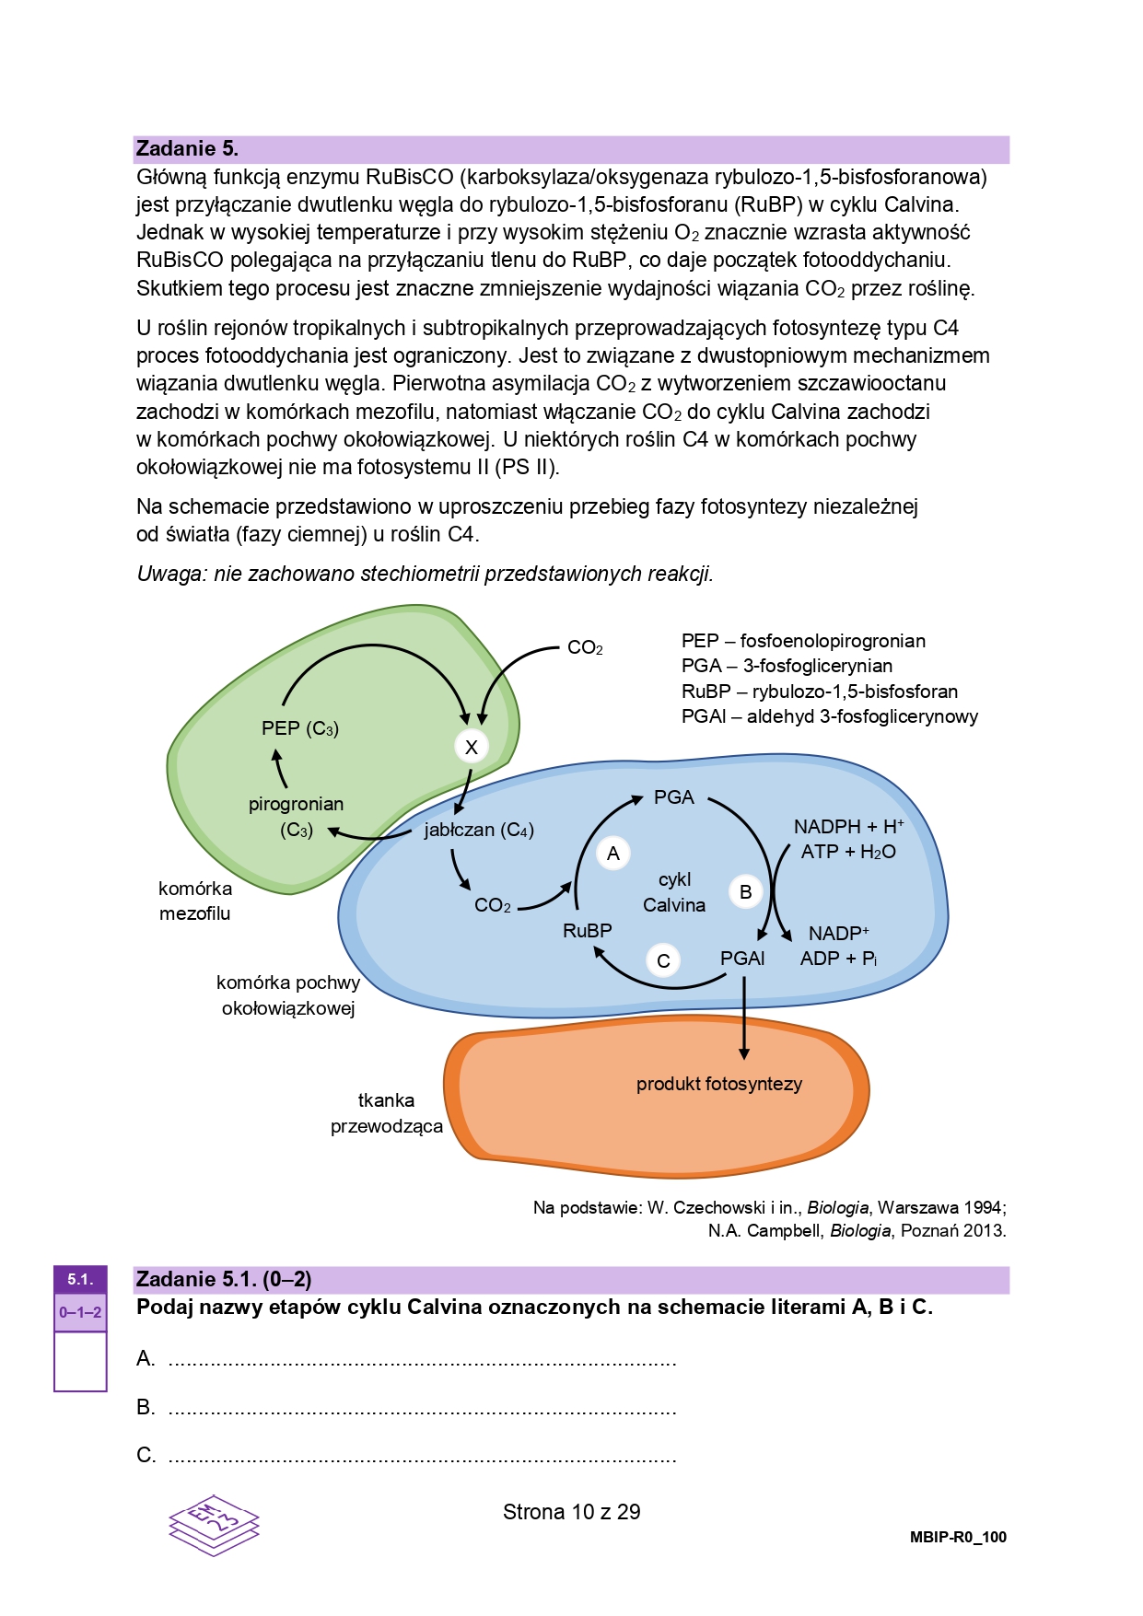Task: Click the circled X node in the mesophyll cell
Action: [x=472, y=747]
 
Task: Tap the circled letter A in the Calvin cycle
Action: [x=613, y=854]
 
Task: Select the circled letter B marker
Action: [x=746, y=891]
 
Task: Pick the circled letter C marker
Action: [x=663, y=960]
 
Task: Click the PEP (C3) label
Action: [x=300, y=728]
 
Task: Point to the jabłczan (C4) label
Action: [x=479, y=830]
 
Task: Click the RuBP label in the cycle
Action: [x=588, y=931]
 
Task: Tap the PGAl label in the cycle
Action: [x=742, y=959]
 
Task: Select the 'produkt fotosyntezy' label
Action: [x=719, y=1084]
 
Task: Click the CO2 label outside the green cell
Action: [x=585, y=648]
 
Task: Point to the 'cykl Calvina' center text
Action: [x=674, y=892]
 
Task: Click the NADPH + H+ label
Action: [x=848, y=827]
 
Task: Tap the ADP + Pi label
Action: [x=838, y=959]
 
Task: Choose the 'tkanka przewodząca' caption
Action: [x=387, y=1113]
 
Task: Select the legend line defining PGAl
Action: [x=830, y=716]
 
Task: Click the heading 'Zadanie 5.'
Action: [x=187, y=148]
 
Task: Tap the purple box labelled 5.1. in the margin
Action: [x=80, y=1279]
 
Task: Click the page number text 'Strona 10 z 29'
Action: [x=572, y=1512]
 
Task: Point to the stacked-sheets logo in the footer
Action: [x=214, y=1525]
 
